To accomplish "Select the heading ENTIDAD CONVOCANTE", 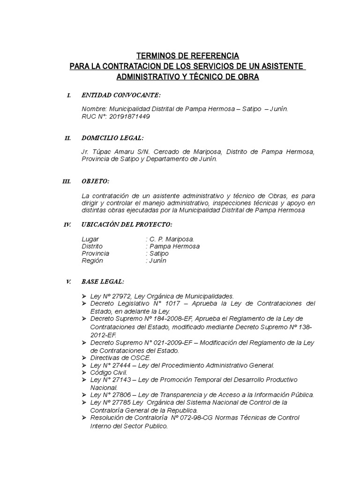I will coord(121,96).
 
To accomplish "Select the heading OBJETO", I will coord(95,181).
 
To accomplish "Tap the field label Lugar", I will coord(90,239).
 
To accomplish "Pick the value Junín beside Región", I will coord(157,261).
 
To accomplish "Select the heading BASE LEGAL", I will coord(103,282).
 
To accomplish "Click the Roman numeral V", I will coord(68,282).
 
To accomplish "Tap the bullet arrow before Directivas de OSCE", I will coord(84,358).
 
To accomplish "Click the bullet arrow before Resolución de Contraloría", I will coord(84,418).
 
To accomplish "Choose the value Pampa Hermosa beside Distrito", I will coord(173,246).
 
